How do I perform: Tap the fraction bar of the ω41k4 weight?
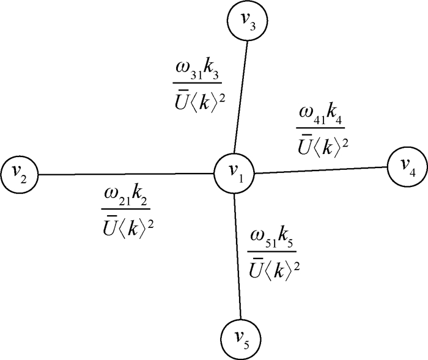(x=320, y=128)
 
